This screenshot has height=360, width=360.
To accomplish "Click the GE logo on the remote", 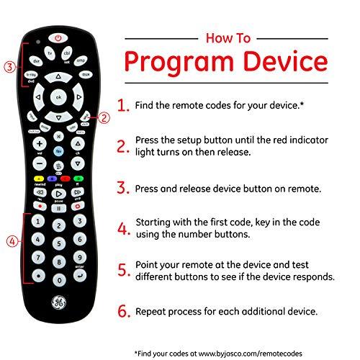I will [59, 302].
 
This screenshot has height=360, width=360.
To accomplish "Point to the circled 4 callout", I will [10, 241].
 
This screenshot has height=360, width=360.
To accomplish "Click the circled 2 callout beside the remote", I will [104, 117].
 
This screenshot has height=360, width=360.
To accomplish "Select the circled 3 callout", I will [9, 68].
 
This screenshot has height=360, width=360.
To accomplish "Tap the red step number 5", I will [122, 271].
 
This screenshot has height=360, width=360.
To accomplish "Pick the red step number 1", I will [122, 106].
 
